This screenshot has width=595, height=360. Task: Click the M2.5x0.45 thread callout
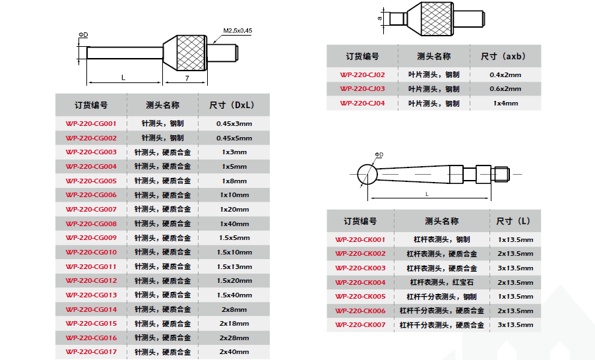[x=237, y=30]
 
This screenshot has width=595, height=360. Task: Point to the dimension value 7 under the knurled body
[x=187, y=78]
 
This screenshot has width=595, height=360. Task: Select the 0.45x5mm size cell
[x=234, y=138]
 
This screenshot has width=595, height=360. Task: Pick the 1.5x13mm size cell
[x=234, y=266]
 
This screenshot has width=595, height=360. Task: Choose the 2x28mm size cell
[x=234, y=338]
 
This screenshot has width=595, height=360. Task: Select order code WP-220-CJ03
[x=362, y=89]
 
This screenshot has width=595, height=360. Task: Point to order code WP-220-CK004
[x=360, y=282]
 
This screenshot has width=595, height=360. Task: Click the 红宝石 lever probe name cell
[x=441, y=282]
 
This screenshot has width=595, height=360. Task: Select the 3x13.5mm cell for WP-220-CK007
[x=515, y=325]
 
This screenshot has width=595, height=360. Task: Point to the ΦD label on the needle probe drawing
[x=83, y=34]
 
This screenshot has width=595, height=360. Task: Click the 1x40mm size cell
[x=234, y=224]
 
